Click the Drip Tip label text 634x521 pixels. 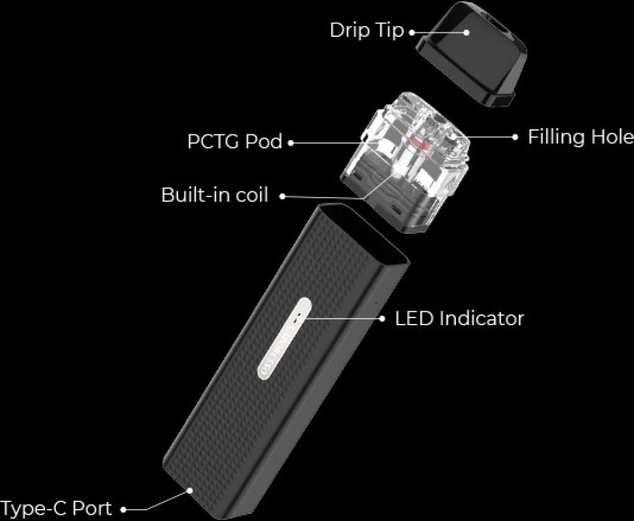tap(366, 30)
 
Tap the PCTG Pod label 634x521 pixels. tap(235, 141)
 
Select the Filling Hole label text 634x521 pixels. tap(581, 137)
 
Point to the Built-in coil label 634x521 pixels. tap(214, 195)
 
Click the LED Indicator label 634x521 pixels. tap(459, 318)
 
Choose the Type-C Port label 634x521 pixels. tap(56, 508)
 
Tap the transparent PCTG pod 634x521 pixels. tap(405, 162)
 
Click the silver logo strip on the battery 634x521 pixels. tap(285, 338)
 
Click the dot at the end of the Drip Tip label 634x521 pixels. tap(412, 32)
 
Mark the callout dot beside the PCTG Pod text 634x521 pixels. tap(290, 143)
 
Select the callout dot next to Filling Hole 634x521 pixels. tap(515, 137)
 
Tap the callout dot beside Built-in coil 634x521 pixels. tap(283, 196)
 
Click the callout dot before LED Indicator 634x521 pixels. tap(382, 319)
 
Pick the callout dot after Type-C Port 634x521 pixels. tap(124, 510)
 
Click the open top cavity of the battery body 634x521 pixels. tap(364, 233)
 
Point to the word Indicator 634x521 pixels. tap(481, 318)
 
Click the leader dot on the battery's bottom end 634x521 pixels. tap(190, 491)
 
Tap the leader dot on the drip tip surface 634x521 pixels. tap(467, 32)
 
